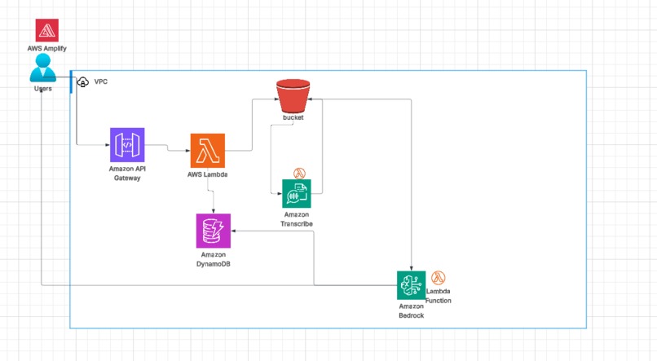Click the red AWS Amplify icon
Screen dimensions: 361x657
pos(46,31)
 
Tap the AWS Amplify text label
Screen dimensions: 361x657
pos(46,49)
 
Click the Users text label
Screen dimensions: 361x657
pos(43,88)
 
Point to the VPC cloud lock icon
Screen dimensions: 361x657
pos(82,82)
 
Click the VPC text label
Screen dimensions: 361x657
pos(101,82)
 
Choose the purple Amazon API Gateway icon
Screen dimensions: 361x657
pos(127,144)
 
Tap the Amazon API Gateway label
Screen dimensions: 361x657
pos(127,174)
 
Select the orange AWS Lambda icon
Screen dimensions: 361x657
pos(207,151)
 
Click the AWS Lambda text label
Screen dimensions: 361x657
pos(207,174)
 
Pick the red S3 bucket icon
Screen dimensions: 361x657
pos(293,96)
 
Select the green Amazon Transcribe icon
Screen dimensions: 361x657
pos(297,195)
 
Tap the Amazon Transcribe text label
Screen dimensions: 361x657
pos(297,218)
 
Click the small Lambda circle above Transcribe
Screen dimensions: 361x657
pos(299,173)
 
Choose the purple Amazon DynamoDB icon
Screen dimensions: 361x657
pos(213,231)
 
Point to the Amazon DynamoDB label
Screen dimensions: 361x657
pos(213,259)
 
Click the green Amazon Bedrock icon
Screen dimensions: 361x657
pos(412,285)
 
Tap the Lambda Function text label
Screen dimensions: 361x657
pos(439,296)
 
